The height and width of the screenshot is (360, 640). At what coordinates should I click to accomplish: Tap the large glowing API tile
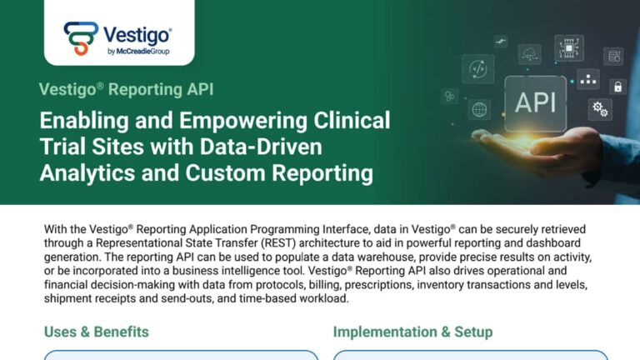click(x=536, y=102)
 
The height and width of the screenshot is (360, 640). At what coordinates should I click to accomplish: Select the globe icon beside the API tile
click(x=479, y=109)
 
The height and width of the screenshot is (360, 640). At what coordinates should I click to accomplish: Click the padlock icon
click(x=617, y=87)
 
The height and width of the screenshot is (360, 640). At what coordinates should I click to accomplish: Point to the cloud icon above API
click(x=529, y=55)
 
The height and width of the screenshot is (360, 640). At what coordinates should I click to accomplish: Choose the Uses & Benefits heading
click(x=96, y=332)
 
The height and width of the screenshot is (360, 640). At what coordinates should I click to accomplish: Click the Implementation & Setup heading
click(x=412, y=332)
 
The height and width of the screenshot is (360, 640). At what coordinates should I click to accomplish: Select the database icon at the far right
click(x=613, y=56)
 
